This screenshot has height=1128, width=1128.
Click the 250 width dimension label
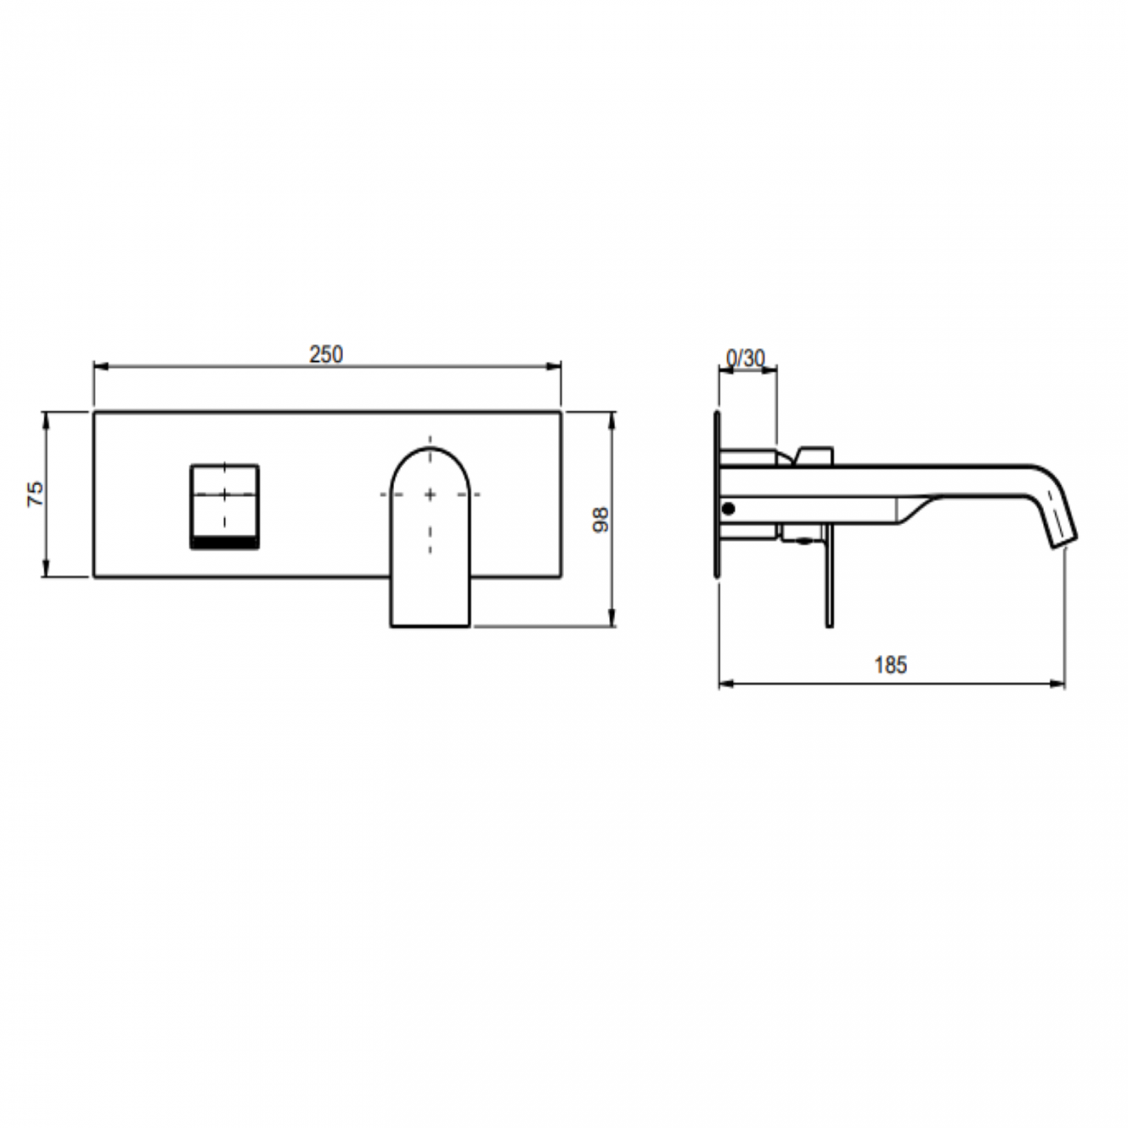[326, 354]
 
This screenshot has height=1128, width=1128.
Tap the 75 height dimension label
[35, 494]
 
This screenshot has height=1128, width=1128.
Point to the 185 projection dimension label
[890, 665]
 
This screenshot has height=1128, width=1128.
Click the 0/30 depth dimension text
[745, 357]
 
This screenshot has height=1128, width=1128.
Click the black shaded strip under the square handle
[224, 543]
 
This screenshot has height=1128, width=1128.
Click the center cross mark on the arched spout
[430, 494]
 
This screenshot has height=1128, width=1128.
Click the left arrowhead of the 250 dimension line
[98, 367]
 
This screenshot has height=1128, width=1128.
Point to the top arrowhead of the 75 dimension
[45, 417]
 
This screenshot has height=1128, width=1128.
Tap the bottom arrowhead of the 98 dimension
[613, 620]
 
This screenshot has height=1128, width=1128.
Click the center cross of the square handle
[224, 494]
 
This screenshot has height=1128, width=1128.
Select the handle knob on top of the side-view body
[815, 455]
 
